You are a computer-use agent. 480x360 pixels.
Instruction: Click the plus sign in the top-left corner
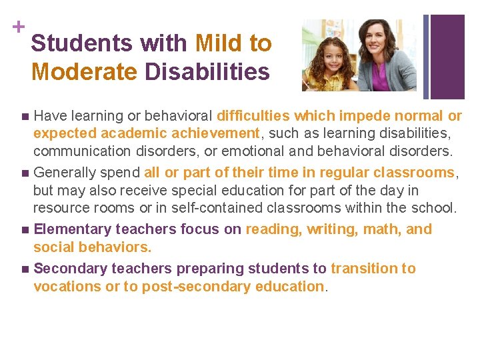(15, 27)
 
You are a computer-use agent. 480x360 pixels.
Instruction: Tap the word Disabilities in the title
(213, 71)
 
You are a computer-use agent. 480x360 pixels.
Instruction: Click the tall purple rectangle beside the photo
(448, 57)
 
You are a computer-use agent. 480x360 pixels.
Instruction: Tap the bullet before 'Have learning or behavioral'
(25, 116)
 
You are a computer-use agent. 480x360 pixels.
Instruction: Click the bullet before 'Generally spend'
(25, 173)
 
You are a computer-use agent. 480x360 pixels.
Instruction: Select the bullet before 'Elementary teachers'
(25, 230)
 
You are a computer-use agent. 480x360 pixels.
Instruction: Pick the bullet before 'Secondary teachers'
(25, 269)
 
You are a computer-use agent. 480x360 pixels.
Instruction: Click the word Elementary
(72, 229)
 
